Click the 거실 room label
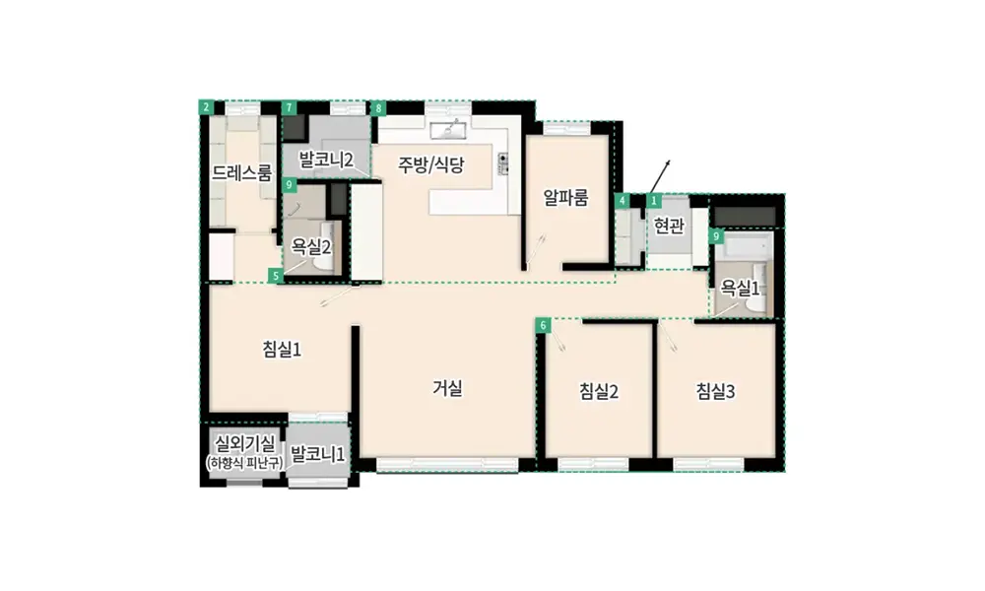[x=447, y=388]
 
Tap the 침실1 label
[x=282, y=350]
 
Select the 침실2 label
[x=599, y=392]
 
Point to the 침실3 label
[x=715, y=392]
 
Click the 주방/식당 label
[x=431, y=164]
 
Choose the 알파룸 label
[x=566, y=198]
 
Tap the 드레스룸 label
[x=242, y=172]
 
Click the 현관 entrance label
[x=669, y=225]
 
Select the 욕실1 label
[x=740, y=289]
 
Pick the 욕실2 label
[x=311, y=247]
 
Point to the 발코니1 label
[x=318, y=454]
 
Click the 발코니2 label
[x=326, y=160]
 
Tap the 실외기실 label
[x=245, y=444]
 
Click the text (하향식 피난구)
[x=245, y=464]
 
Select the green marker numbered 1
[x=654, y=201]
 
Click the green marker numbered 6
[x=544, y=325]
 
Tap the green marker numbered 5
[x=275, y=276]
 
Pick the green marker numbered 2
[x=206, y=107]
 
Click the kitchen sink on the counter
[x=448, y=130]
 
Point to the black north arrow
[x=660, y=176]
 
